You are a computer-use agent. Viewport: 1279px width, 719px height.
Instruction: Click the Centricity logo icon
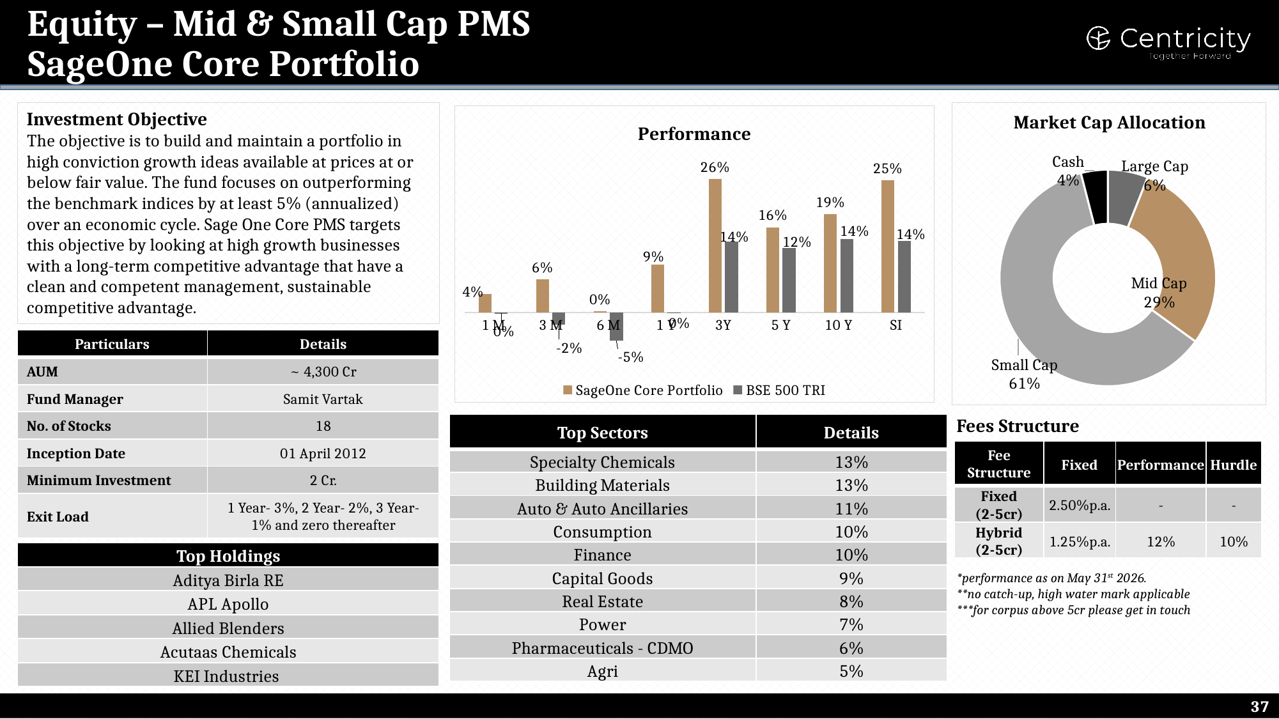[x=1098, y=38]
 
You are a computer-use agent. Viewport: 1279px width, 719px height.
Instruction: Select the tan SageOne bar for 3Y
[x=715, y=245]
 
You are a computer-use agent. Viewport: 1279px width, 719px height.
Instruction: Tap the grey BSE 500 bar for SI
[x=904, y=277]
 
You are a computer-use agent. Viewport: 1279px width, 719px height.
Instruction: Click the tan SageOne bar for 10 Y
[x=830, y=263]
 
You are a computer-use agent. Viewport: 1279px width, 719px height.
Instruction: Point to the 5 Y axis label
[x=780, y=325]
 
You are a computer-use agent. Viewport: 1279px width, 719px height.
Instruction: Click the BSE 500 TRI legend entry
[x=779, y=390]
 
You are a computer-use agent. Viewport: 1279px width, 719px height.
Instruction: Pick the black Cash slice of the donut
[x=1096, y=197]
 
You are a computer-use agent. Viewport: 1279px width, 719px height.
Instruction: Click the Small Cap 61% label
[x=1024, y=374]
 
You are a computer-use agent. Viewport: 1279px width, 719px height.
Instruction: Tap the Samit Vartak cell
[x=323, y=399]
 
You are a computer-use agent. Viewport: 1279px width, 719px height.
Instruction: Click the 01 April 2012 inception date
[x=323, y=454]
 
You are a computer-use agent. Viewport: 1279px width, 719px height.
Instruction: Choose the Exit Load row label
[x=58, y=517]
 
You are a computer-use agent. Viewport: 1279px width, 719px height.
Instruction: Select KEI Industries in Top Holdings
[x=226, y=676]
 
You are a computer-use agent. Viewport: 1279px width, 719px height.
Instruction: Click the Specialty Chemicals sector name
[x=602, y=462]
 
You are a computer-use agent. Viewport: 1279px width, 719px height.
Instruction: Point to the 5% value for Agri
[x=851, y=671]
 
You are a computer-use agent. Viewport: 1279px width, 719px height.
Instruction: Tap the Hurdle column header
[x=1234, y=465]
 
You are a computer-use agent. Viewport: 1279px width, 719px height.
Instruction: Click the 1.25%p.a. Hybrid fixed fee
[x=1080, y=542]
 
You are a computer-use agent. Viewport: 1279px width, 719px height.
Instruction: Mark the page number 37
[x=1259, y=706]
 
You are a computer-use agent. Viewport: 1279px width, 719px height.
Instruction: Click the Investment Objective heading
[x=117, y=120]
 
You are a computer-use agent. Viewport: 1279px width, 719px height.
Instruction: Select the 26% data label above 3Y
[x=715, y=167]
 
